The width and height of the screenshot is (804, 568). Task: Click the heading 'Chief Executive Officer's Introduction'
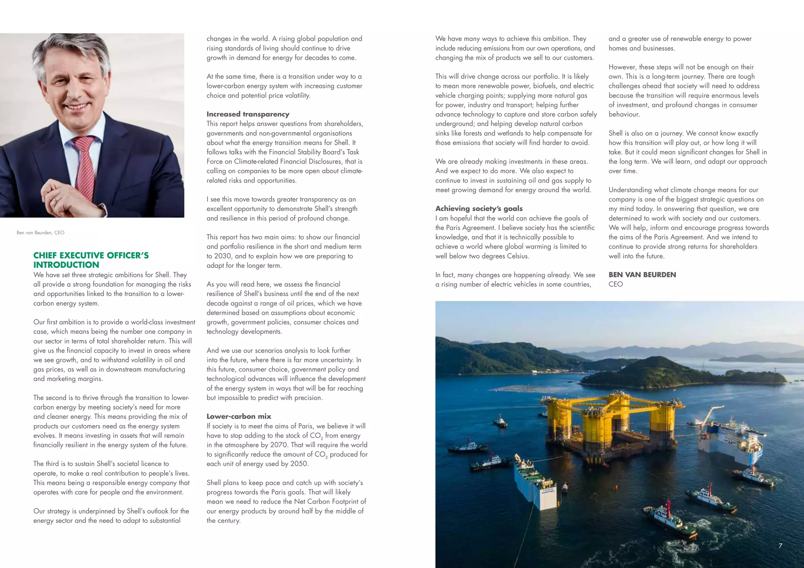click(91, 260)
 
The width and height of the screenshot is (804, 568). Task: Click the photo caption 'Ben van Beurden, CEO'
click(40, 233)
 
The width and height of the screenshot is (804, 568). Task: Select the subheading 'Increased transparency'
click(248, 114)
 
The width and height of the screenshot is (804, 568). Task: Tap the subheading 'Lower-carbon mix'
click(239, 417)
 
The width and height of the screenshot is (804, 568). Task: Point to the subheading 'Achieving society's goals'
click(479, 209)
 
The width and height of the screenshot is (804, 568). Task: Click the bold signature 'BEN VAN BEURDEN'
click(642, 275)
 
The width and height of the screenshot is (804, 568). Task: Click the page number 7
click(780, 546)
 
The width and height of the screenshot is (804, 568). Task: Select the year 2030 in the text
click(223, 256)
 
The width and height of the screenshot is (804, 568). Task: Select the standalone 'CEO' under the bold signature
click(615, 284)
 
